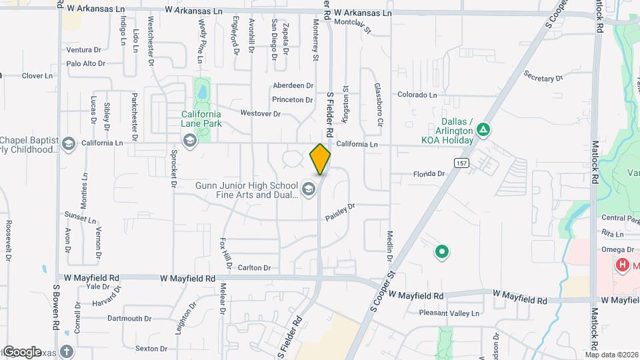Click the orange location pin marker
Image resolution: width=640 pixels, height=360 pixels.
320,159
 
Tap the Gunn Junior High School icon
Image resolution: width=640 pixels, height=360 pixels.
308,190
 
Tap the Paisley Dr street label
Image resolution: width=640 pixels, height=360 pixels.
340,213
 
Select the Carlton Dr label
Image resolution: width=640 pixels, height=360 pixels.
255,268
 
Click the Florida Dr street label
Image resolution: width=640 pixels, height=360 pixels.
428,174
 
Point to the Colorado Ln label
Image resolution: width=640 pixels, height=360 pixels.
417,95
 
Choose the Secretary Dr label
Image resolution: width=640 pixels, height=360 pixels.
543,77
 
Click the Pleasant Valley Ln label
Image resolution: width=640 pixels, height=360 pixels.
449,313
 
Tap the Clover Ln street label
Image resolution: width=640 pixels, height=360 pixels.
37,76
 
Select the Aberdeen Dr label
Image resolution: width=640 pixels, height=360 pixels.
293,85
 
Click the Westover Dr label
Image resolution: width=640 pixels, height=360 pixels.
261,113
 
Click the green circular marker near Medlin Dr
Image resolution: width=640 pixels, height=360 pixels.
441,252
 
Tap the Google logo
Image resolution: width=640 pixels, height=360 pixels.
22,351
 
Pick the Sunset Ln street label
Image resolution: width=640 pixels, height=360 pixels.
80,217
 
